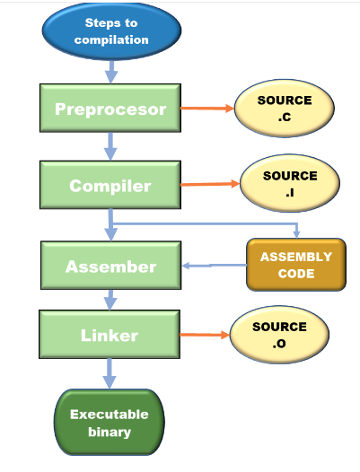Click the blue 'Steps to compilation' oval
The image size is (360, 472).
click(x=110, y=31)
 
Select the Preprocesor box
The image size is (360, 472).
click(x=110, y=109)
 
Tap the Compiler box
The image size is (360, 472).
click(x=110, y=186)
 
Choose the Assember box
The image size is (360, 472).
click(x=110, y=267)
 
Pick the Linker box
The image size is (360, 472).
click(x=110, y=336)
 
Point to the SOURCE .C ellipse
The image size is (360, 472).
click(x=285, y=109)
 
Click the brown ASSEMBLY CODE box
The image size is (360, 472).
click(x=295, y=264)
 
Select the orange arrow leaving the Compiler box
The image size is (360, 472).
click(x=209, y=186)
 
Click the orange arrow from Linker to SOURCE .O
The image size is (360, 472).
click(x=205, y=337)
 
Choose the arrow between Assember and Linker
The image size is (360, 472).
click(x=110, y=300)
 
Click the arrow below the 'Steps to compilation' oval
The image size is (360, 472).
click(x=110, y=72)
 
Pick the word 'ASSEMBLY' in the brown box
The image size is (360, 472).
click(x=295, y=257)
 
